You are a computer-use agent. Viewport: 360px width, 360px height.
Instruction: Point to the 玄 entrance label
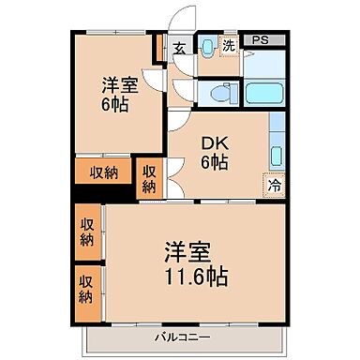178,46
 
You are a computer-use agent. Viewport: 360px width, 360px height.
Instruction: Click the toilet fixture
217,93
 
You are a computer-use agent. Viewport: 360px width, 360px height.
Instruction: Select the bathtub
266,94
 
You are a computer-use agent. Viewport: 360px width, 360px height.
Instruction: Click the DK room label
217,143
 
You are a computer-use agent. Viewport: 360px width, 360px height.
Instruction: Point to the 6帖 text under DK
217,163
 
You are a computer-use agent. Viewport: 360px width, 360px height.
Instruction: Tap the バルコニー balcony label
183,335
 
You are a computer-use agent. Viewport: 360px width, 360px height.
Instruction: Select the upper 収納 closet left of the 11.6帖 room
85,232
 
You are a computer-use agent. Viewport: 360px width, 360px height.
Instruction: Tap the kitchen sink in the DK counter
277,154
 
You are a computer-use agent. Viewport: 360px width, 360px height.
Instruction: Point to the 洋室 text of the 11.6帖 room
187,253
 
